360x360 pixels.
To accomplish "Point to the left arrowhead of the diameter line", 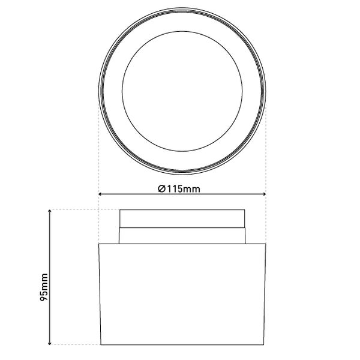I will (100, 194).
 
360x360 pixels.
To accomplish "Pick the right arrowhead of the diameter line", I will (263, 194).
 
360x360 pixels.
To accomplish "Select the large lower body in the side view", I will (181, 294).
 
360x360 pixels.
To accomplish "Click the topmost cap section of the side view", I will (181, 219).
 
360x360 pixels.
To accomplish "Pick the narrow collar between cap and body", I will (181, 236).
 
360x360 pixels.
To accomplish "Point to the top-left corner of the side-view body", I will (98, 244).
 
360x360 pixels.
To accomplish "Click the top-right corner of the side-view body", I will (265, 244).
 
